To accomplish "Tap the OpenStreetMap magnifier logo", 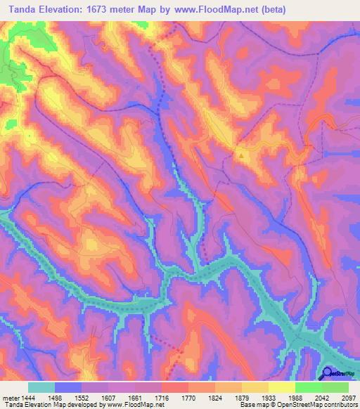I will tap(328, 372).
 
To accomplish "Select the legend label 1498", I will tap(63, 396).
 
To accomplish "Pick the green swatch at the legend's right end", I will tap(335, 387).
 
